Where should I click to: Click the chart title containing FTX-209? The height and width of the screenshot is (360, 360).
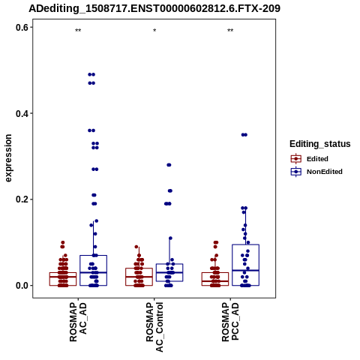click(154, 8)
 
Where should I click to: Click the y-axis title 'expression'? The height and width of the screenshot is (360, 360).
click(8, 158)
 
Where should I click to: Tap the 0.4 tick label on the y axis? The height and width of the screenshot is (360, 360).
click(22, 113)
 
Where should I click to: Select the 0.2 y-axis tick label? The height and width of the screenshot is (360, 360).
click(22, 199)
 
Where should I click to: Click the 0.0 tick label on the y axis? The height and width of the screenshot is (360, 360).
click(22, 286)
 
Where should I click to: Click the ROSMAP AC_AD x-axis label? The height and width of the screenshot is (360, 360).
click(78, 322)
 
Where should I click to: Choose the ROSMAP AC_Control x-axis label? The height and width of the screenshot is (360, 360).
click(154, 327)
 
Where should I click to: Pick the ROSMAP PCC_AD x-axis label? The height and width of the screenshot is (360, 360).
click(230, 322)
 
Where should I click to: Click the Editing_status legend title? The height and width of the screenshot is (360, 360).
click(320, 144)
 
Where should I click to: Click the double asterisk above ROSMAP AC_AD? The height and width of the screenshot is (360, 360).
click(78, 31)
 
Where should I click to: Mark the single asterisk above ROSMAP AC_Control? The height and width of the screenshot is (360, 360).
click(154, 31)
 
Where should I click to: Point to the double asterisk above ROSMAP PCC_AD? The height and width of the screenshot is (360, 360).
click(230, 31)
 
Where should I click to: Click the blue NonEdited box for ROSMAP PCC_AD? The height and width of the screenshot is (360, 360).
click(245, 265)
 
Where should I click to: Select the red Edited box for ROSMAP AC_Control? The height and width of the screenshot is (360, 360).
click(139, 277)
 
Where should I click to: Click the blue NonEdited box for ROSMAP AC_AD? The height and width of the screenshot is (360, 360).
click(93, 271)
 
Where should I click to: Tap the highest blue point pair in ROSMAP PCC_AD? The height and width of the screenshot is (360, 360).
click(244, 135)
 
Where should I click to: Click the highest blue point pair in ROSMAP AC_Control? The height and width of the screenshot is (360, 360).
click(169, 165)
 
